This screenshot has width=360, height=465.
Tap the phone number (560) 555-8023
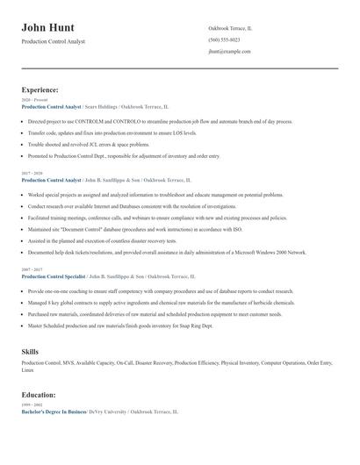coord(224,40)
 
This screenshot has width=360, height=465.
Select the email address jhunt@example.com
coord(229,52)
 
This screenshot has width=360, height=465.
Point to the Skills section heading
coord(30,350)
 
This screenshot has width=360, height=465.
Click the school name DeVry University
coord(109,411)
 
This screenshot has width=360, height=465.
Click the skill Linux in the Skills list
coord(27,369)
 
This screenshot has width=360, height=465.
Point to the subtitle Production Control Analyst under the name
coord(54,42)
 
